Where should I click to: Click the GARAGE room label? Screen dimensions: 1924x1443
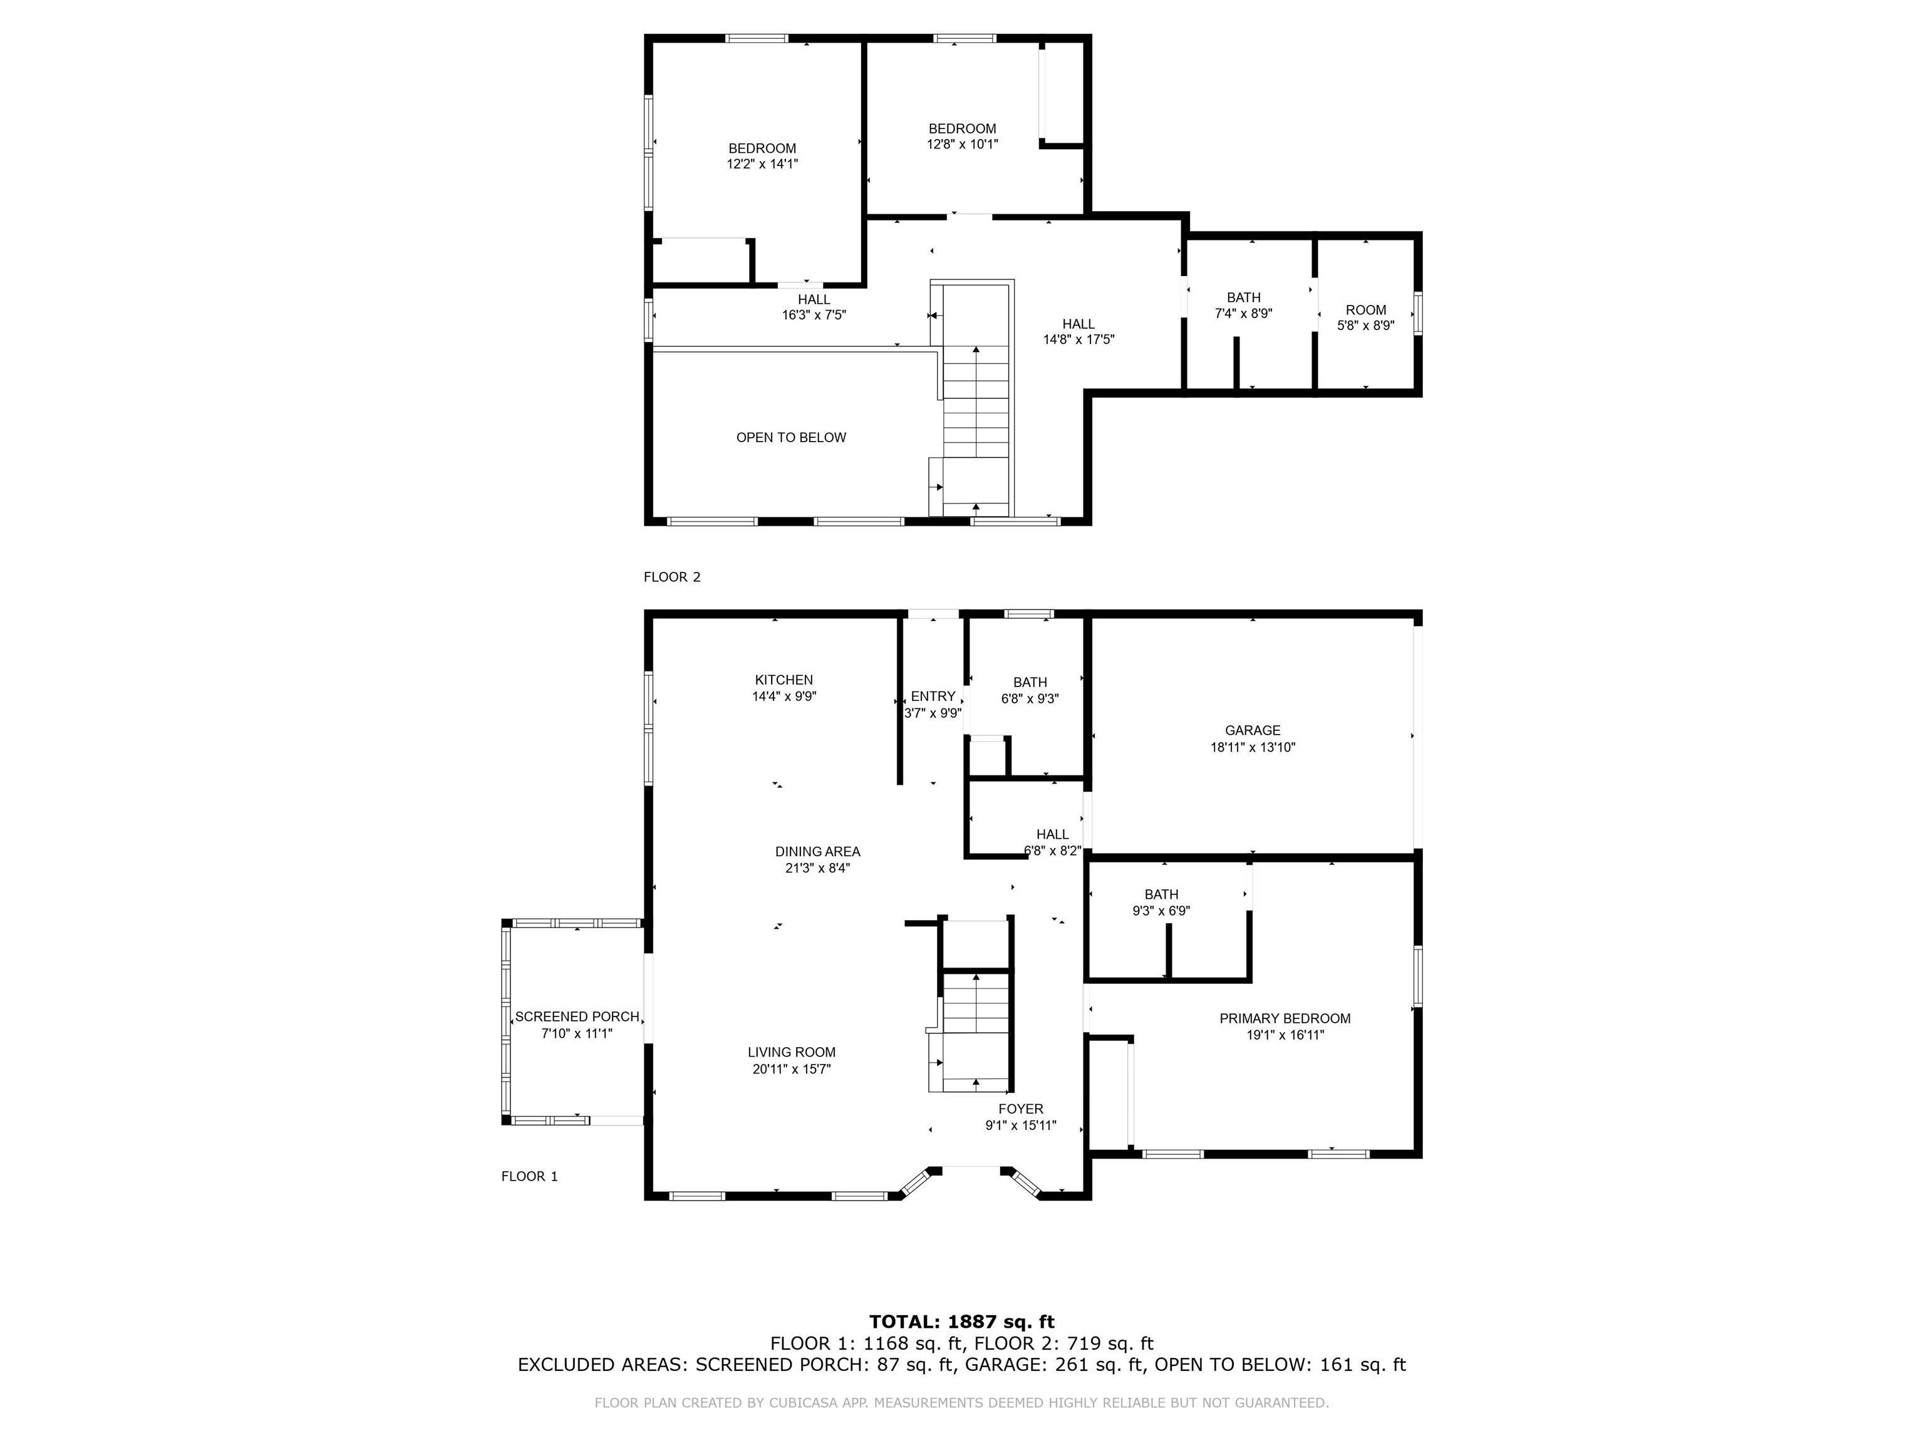pyautogui.click(x=1253, y=731)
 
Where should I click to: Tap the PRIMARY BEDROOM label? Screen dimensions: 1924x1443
pyautogui.click(x=1285, y=1018)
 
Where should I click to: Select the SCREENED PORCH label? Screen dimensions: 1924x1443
pyautogui.click(x=577, y=1016)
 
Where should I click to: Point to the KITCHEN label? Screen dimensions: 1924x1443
pyautogui.click(x=784, y=680)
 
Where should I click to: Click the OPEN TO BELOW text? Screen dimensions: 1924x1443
pyautogui.click(x=790, y=438)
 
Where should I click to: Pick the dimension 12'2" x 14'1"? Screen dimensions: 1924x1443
pyautogui.click(x=762, y=163)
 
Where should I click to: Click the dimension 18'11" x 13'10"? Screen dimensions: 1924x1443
pyautogui.click(x=1253, y=747)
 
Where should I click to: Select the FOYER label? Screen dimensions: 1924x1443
pyautogui.click(x=1020, y=1109)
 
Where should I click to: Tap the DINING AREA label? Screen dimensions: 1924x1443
pyautogui.click(x=817, y=852)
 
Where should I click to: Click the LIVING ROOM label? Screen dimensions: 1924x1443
pyautogui.click(x=792, y=1052)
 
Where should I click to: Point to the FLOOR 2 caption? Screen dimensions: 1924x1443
pyautogui.click(x=671, y=577)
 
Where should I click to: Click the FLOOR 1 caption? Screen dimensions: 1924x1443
pyautogui.click(x=529, y=1176)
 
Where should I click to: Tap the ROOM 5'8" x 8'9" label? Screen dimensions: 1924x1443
pyautogui.click(x=1365, y=318)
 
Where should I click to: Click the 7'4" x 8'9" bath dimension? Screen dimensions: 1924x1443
pyautogui.click(x=1244, y=314)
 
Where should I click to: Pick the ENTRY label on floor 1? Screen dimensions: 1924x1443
pyautogui.click(x=933, y=696)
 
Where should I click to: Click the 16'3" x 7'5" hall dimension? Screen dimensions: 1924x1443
pyautogui.click(x=814, y=316)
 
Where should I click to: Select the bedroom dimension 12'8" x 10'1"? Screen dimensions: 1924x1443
pyautogui.click(x=962, y=145)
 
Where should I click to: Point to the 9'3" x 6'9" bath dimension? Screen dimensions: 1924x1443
pyautogui.click(x=1161, y=911)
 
